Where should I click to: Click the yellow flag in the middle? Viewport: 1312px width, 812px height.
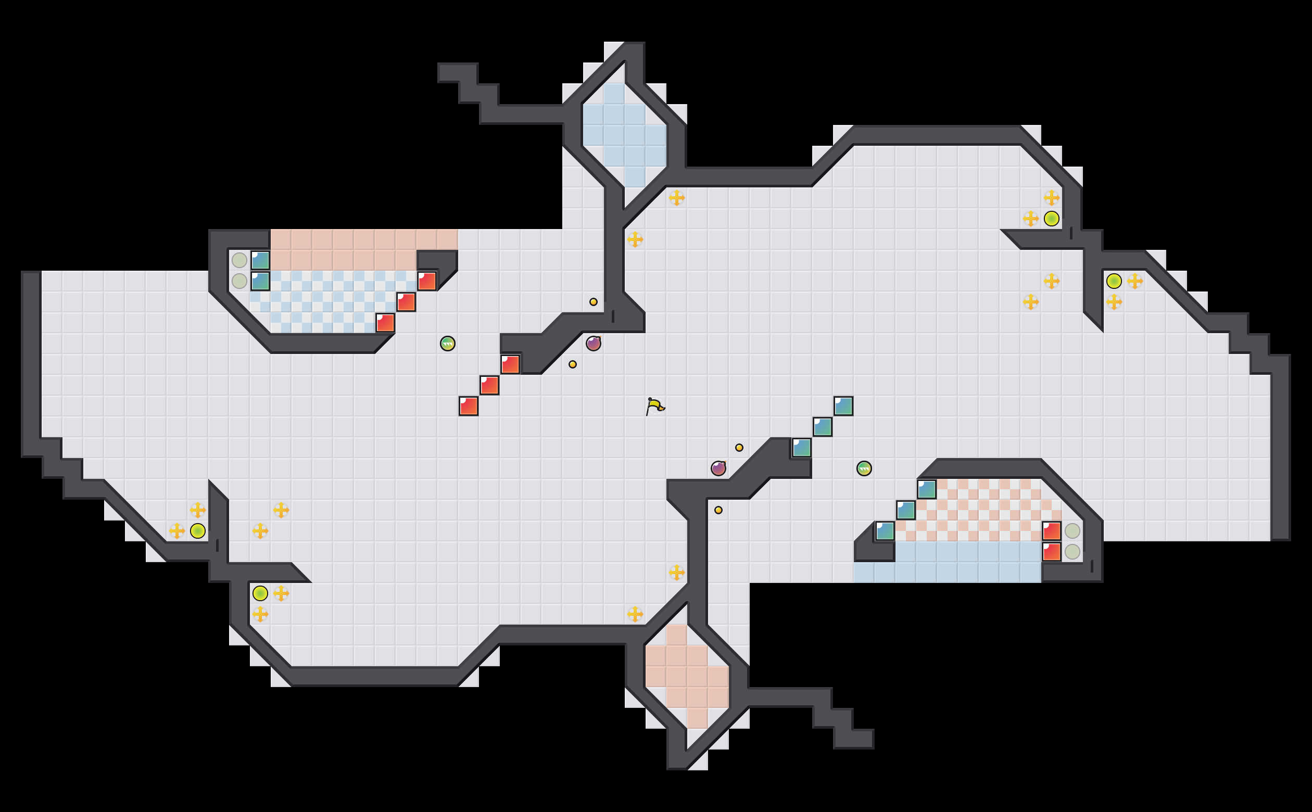[x=654, y=406]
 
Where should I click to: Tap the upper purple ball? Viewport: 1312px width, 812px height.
[x=594, y=344]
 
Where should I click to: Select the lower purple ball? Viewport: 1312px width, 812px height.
[x=718, y=468]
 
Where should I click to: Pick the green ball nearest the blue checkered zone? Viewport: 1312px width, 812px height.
[x=447, y=344]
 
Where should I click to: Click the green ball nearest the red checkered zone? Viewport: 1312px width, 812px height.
[x=864, y=468]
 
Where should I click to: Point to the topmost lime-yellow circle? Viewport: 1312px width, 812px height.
[x=1052, y=219]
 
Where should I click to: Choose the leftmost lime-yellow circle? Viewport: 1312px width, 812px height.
[x=198, y=530]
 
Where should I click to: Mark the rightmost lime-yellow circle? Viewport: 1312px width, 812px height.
[x=1114, y=281]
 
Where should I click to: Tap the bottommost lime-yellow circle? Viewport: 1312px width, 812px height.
[x=260, y=593]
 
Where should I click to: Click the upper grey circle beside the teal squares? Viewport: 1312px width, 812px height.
[x=239, y=260]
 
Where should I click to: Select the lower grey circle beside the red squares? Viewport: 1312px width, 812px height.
[x=1073, y=552]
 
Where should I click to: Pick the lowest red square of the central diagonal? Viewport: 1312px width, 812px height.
[x=468, y=406]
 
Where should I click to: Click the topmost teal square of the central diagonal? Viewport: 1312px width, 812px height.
[x=843, y=406]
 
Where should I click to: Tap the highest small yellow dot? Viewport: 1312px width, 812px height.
[x=594, y=302]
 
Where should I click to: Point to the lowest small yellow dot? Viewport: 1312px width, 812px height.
[x=718, y=510]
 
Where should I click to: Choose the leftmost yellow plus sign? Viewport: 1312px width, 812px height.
[x=176, y=530]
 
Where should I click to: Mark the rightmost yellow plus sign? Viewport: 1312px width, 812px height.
[x=1135, y=281]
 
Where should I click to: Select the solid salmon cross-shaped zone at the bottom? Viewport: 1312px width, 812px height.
[x=687, y=677]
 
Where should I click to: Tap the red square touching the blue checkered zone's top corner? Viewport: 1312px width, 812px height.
[x=427, y=281]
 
